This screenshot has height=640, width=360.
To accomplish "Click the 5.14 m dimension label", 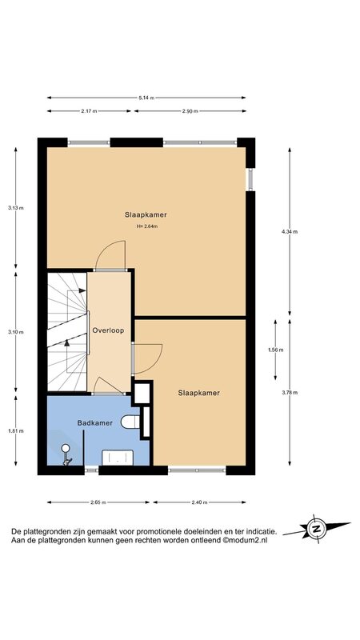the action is coord(146,98).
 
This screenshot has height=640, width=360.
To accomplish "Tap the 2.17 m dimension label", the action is coord(89,111).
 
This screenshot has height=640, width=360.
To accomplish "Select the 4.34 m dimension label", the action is coord(290,231).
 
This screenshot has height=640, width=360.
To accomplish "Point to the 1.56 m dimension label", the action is coord(275,350).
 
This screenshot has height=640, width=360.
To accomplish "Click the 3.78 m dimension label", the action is coord(290,393).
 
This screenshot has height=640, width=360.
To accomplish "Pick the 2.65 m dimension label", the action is coord(98,502).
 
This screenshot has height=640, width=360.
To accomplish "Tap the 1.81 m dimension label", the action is coord(15,430).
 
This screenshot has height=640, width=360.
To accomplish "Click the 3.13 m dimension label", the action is coord(15,208).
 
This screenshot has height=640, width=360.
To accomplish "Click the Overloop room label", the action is coord(108,330).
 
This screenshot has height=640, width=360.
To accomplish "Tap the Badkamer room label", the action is coord(95,423).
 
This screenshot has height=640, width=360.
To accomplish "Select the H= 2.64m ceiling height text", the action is coord(147,226).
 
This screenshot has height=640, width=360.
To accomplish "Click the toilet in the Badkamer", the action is coord(130,422).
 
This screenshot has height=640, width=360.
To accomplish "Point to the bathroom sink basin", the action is coord(118,457).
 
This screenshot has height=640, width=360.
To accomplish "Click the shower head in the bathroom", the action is coord(66,448).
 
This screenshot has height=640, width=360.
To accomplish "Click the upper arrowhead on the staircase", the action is coord(82,290).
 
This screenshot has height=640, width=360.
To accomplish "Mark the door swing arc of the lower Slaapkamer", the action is coord(156,362).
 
